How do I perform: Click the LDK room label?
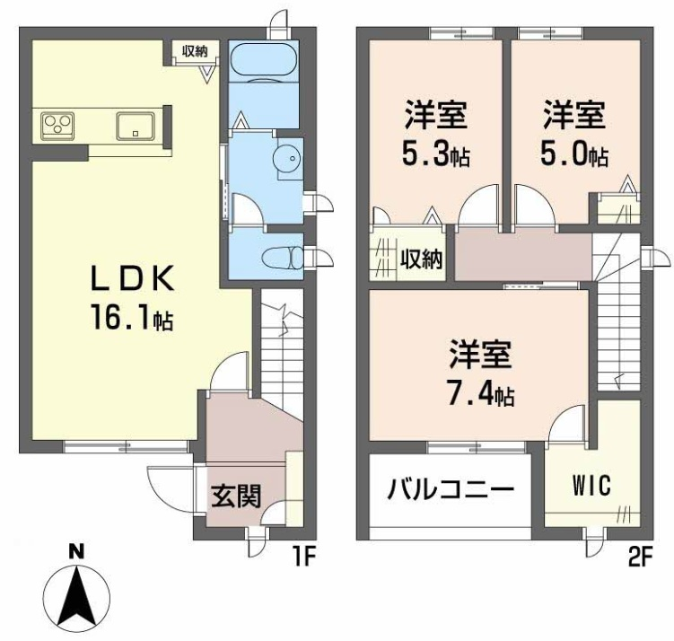point(132,278)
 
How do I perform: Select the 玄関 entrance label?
point(236,496)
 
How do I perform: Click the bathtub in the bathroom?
point(264,60)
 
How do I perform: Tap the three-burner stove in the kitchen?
point(57,126)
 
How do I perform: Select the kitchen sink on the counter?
point(136,126)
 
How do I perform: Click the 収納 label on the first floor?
point(195,51)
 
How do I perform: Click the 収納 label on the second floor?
point(421,259)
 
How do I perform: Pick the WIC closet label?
point(591,487)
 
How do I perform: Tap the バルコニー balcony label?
point(451,489)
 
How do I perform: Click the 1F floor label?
point(303,558)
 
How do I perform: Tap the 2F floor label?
point(641,558)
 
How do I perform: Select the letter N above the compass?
point(76,551)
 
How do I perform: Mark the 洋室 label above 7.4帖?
point(480,355)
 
